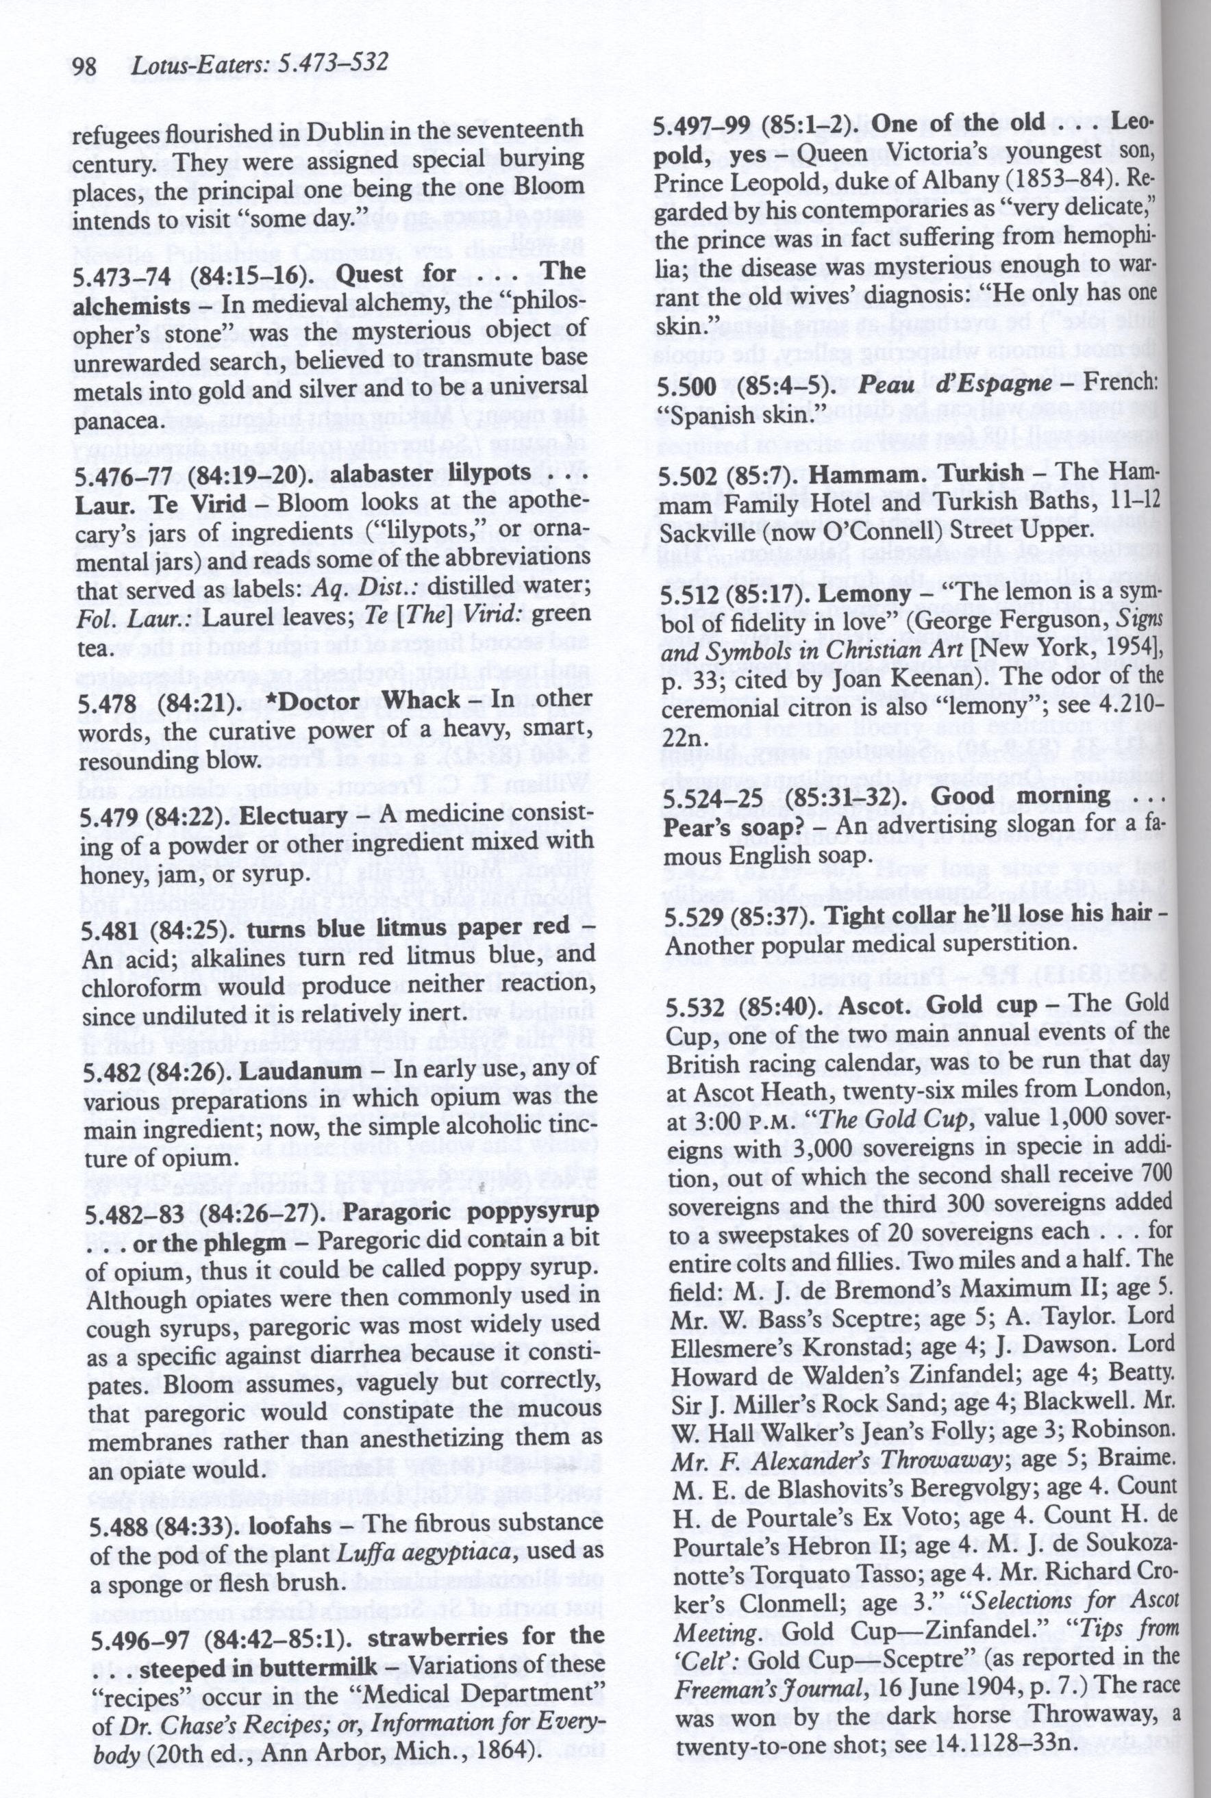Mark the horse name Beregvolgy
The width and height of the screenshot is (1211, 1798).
(933, 1484)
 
